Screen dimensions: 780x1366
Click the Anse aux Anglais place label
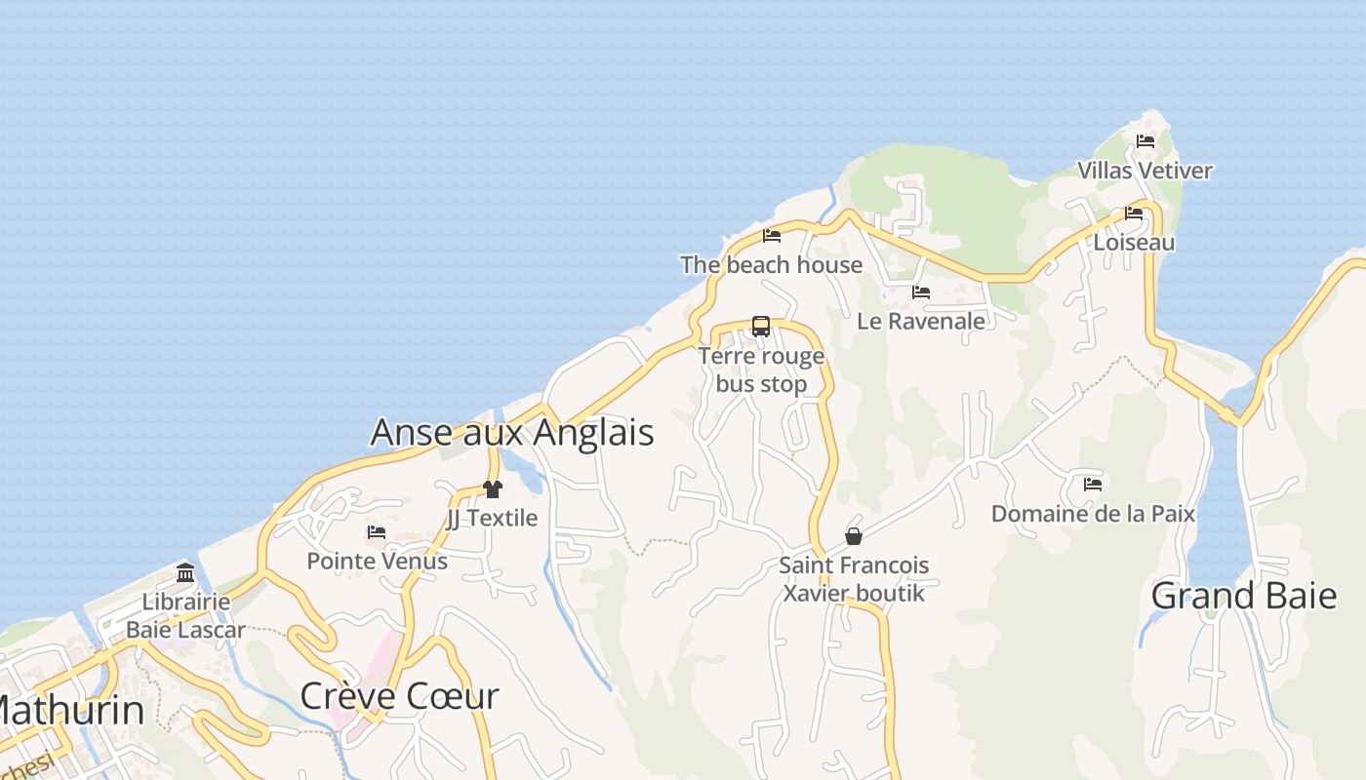pyautogui.click(x=512, y=432)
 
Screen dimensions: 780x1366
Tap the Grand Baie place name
pyautogui.click(x=1244, y=595)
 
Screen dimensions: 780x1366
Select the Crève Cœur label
pyautogui.click(x=399, y=696)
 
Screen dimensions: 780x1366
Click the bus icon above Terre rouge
pyautogui.click(x=761, y=327)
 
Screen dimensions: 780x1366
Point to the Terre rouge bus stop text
pyautogui.click(x=761, y=370)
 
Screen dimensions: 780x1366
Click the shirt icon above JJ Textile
pyautogui.click(x=492, y=489)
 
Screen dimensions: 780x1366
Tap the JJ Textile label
pyautogui.click(x=492, y=518)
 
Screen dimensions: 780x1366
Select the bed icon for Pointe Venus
pyautogui.click(x=377, y=532)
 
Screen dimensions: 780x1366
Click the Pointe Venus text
pyautogui.click(x=377, y=561)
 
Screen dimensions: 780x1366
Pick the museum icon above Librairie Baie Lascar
pyautogui.click(x=185, y=572)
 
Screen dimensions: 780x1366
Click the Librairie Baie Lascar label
pyautogui.click(x=185, y=615)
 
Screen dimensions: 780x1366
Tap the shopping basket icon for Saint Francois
pyautogui.click(x=854, y=536)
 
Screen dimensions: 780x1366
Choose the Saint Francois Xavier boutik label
pyautogui.click(x=854, y=579)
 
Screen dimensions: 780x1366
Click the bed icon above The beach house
pyautogui.click(x=772, y=236)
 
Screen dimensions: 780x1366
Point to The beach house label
pyautogui.click(x=772, y=264)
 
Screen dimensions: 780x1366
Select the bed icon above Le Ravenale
pyautogui.click(x=921, y=292)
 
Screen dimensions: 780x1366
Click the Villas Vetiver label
pyautogui.click(x=1145, y=171)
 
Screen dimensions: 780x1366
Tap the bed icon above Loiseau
pyautogui.click(x=1134, y=214)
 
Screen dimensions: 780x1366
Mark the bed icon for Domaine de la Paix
pyautogui.click(x=1093, y=485)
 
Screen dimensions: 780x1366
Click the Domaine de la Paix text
pyautogui.click(x=1093, y=513)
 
